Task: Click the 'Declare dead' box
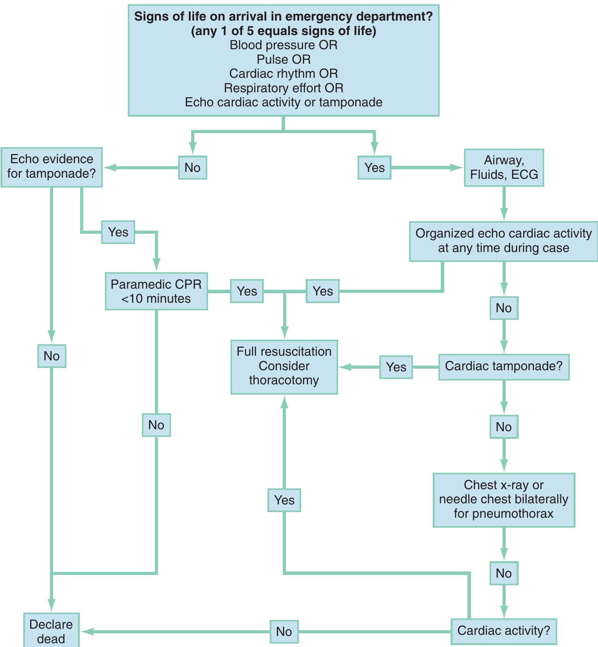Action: tap(51, 631)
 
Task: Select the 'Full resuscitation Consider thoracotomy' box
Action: tap(284, 366)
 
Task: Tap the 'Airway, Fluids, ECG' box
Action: tap(504, 167)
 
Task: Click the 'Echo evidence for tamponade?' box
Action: tap(52, 167)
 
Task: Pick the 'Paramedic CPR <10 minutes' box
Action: tap(156, 291)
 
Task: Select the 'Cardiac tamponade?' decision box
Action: tap(504, 366)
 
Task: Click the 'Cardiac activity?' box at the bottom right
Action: tap(504, 631)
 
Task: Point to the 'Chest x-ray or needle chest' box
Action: tap(504, 500)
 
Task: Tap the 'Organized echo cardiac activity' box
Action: tap(504, 241)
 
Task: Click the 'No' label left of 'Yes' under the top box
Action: tap(192, 167)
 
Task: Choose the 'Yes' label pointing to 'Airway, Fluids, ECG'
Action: tap(374, 167)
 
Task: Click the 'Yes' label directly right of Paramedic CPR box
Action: tap(247, 291)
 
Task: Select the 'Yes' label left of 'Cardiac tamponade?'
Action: tap(396, 367)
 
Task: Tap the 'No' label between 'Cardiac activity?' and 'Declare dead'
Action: tap(284, 631)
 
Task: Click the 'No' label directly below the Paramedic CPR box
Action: tap(156, 425)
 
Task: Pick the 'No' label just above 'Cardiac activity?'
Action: tap(504, 573)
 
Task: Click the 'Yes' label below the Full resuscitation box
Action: tap(284, 500)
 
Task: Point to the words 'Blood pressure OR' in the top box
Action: tap(284, 45)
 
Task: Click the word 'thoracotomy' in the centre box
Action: tap(284, 380)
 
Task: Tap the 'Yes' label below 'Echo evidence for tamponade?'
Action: tap(118, 232)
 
